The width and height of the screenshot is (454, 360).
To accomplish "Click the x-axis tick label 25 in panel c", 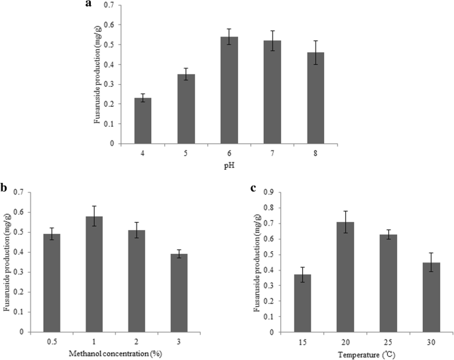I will point(387,343).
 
